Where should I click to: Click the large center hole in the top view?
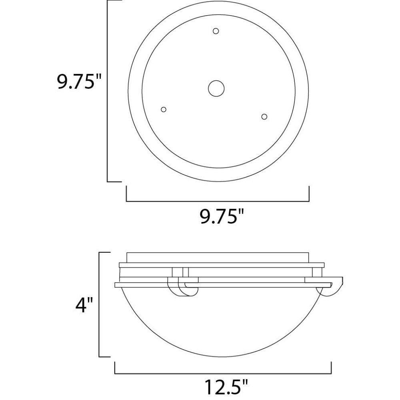[x=216, y=88]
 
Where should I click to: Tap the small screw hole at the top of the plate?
[x=216, y=31]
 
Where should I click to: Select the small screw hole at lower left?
[x=164, y=110]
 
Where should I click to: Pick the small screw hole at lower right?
[x=264, y=116]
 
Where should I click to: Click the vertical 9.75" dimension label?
[x=79, y=81]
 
